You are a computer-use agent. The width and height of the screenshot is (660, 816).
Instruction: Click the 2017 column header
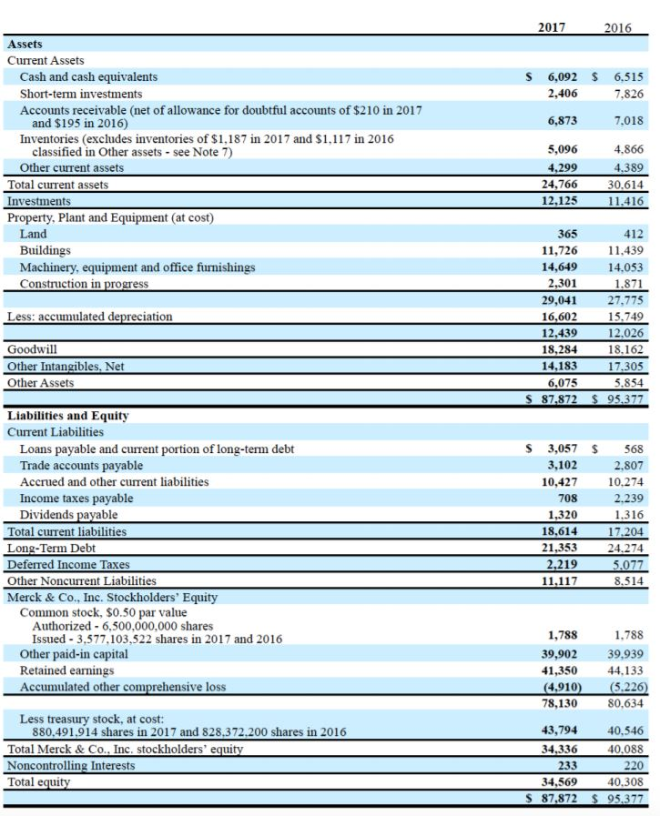[x=552, y=27]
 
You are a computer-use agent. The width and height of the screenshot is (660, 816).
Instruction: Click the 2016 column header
[x=617, y=27]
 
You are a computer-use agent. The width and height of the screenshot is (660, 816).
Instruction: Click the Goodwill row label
[x=29, y=349]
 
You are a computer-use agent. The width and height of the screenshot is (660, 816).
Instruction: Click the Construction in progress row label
[x=84, y=284]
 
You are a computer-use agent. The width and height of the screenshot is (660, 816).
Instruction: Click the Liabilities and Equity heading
[x=67, y=416]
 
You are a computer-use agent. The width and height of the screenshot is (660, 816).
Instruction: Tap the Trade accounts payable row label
[x=81, y=465]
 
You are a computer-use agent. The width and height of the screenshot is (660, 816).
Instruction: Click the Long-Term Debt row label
[x=51, y=548]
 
